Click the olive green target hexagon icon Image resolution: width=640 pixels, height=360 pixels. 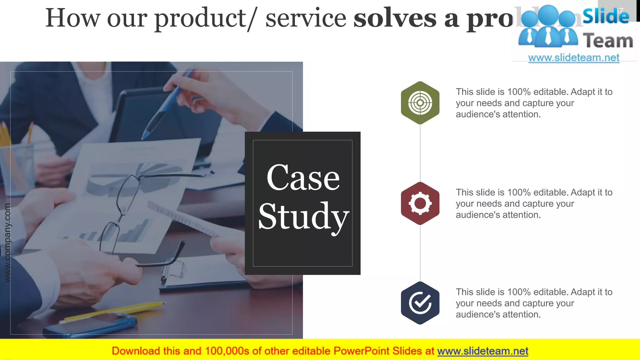pos(420,103)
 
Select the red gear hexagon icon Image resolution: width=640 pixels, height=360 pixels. pos(420,203)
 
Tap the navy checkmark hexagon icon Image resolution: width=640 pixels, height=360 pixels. pos(420,303)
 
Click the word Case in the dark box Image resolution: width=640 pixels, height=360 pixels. pos(303,178)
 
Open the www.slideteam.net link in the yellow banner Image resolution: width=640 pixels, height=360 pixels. pos(482,351)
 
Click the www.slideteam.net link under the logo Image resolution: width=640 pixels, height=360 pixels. pos(574,57)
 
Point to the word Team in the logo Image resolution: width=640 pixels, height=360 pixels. pos(608,41)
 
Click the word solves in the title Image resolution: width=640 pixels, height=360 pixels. pos(395,18)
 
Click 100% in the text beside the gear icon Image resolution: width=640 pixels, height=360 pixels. pos(519,192)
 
